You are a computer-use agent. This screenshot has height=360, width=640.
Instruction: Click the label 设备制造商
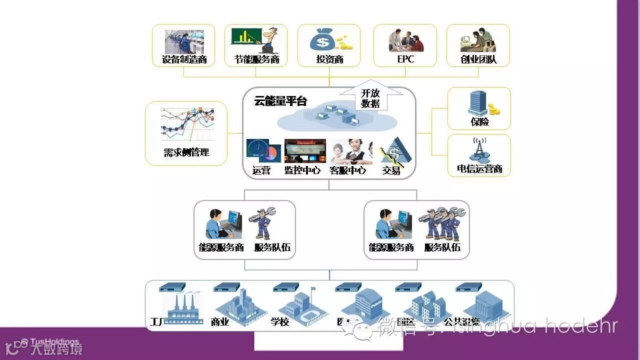[x=184, y=60]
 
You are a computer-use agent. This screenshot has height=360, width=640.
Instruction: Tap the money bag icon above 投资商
[x=322, y=40]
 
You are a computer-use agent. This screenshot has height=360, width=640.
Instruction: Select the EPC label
[x=405, y=60]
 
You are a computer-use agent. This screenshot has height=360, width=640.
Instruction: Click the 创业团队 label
[x=478, y=60]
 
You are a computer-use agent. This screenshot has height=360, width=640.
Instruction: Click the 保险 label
[x=479, y=121]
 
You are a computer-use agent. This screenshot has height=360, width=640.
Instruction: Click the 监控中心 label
[x=302, y=170]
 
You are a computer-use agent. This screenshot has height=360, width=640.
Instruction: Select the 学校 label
[x=280, y=322]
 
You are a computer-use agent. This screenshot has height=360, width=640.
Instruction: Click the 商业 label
[x=220, y=322]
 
